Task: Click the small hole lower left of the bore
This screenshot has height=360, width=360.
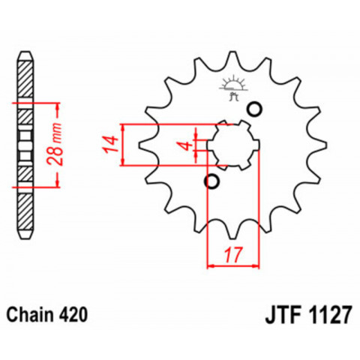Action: pyautogui.click(x=212, y=181)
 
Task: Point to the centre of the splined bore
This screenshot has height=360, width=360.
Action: pyautogui.click(x=232, y=145)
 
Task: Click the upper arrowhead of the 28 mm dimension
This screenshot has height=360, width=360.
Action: pyautogui.click(x=58, y=103)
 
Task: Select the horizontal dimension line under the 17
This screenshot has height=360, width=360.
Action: pyautogui.click(x=232, y=265)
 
